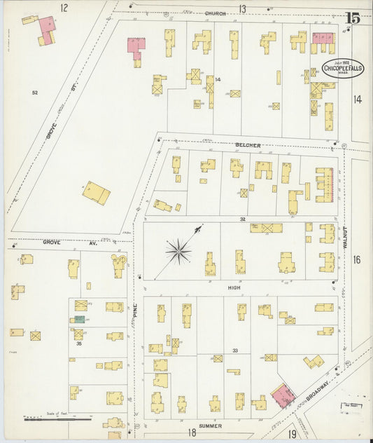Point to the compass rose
click(x=179, y=250)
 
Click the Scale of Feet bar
click(x=57, y=419)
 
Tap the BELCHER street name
click(x=248, y=145)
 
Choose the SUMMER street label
click(x=210, y=425)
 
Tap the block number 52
click(x=34, y=93)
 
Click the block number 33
click(x=235, y=350)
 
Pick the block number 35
click(x=79, y=344)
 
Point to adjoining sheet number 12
click(x=64, y=8)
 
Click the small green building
click(x=80, y=319)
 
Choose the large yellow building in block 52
click(x=97, y=193)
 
